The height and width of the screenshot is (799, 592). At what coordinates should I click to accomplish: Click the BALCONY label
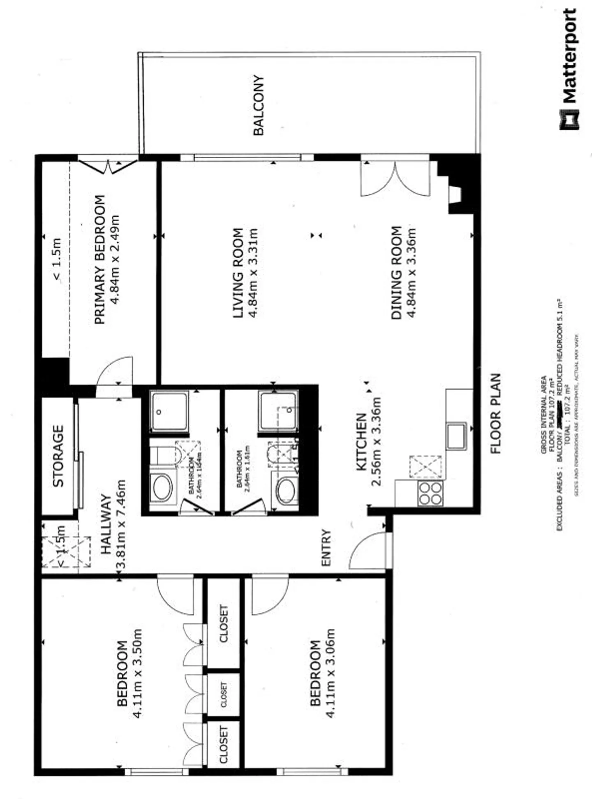[x=259, y=105]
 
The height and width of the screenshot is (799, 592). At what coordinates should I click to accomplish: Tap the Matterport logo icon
[x=569, y=120]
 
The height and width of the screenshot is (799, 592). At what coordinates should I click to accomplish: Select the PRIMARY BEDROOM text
[x=100, y=260]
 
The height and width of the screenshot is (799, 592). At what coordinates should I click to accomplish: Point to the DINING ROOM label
[x=396, y=272]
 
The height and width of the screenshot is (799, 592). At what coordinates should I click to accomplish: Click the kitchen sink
[x=456, y=436]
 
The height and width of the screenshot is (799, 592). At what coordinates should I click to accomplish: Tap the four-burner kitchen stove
[x=430, y=493]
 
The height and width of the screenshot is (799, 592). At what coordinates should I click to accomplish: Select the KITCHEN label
[x=361, y=442]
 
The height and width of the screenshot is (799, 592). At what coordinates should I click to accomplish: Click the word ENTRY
[x=326, y=548]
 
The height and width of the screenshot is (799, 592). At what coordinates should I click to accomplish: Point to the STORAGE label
[x=58, y=456]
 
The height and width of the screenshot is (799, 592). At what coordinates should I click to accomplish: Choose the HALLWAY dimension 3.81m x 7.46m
[x=121, y=524]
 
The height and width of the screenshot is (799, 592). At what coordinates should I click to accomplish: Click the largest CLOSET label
[x=223, y=623]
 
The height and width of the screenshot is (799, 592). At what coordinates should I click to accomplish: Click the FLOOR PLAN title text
[x=496, y=413]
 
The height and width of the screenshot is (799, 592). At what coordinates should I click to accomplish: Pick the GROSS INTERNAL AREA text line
[x=543, y=415]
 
